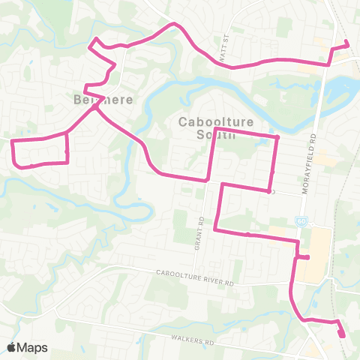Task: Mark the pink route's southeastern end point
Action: pyautogui.click(x=342, y=334)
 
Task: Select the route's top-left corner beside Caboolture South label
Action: pyautogui.click(x=216, y=130)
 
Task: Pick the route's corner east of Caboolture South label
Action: pyautogui.click(x=277, y=137)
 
